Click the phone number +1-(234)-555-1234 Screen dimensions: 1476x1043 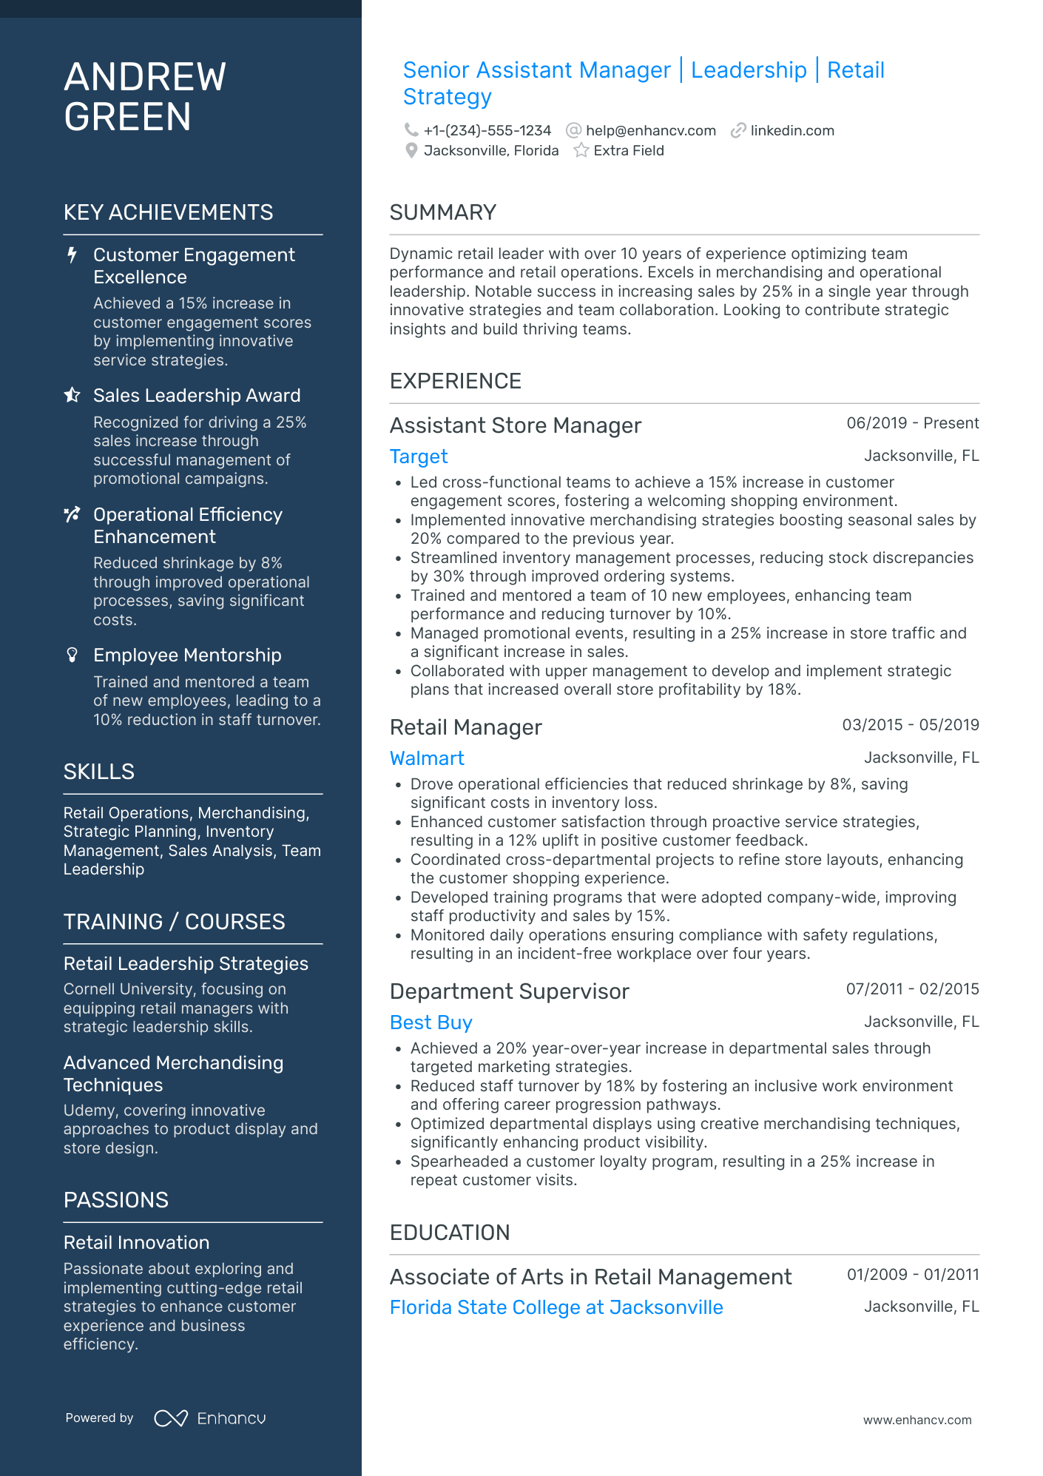pyautogui.click(x=487, y=131)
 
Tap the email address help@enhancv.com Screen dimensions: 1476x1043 pyautogui.click(x=650, y=131)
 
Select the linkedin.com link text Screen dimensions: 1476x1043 pyautogui.click(x=791, y=131)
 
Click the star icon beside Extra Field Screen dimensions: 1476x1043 pyautogui.click(x=581, y=151)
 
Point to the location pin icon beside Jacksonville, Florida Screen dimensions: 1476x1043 pyautogui.click(x=411, y=151)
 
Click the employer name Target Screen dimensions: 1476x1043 pyautogui.click(x=419, y=456)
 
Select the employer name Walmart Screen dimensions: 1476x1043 pyautogui.click(x=427, y=758)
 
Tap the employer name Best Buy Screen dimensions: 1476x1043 pyautogui.click(x=431, y=1022)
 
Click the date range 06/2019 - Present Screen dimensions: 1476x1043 pyautogui.click(x=912, y=423)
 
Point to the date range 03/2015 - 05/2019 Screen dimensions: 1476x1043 pyautogui.click(x=910, y=725)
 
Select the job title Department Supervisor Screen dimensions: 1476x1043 pyautogui.click(x=509, y=991)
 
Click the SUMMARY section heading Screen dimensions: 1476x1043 pyautogui.click(x=442, y=213)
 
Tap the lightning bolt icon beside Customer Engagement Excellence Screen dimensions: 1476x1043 pyautogui.click(x=72, y=255)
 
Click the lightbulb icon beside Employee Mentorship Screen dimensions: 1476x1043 pyautogui.click(x=72, y=655)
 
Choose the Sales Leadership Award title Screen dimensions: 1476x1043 pyautogui.click(x=197, y=396)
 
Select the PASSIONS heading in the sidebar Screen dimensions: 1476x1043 pyautogui.click(x=116, y=1200)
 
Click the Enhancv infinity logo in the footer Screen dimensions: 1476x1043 pyautogui.click(x=171, y=1418)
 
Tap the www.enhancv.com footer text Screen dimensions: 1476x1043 pyautogui.click(x=917, y=1421)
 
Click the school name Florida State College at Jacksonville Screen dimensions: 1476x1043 pyautogui.click(x=556, y=1307)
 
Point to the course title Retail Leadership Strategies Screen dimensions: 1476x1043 pyautogui.click(x=186, y=964)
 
